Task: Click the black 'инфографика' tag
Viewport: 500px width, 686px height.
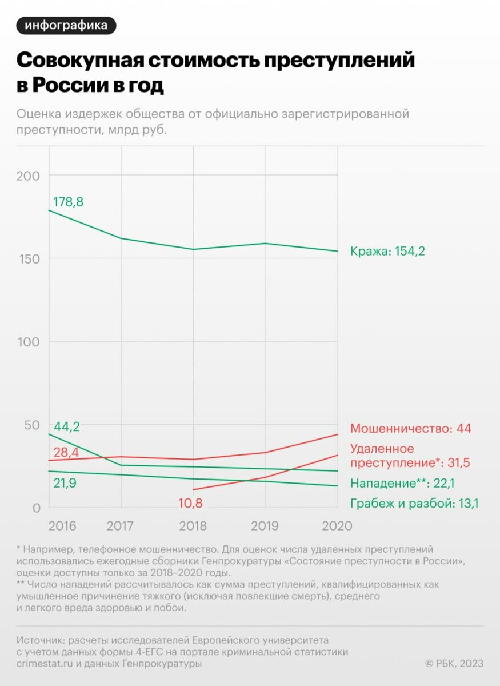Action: pyautogui.click(x=66, y=26)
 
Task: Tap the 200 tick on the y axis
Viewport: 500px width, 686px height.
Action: pyautogui.click(x=27, y=176)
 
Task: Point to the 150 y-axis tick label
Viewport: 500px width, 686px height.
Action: pyautogui.click(x=27, y=258)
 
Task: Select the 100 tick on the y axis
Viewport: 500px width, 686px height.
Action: pyautogui.click(x=27, y=342)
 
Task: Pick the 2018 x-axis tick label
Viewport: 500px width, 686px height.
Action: pyautogui.click(x=193, y=526)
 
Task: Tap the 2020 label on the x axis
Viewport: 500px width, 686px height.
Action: pyautogui.click(x=338, y=526)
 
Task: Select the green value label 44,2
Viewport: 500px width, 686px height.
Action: pyautogui.click(x=66, y=426)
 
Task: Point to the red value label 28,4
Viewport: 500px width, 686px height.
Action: pyautogui.click(x=66, y=453)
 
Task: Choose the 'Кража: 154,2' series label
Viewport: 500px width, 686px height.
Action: pyautogui.click(x=387, y=251)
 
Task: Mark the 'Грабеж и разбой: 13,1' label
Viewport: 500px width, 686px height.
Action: pyautogui.click(x=414, y=504)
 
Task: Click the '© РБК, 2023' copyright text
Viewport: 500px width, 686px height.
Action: pyautogui.click(x=454, y=663)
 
